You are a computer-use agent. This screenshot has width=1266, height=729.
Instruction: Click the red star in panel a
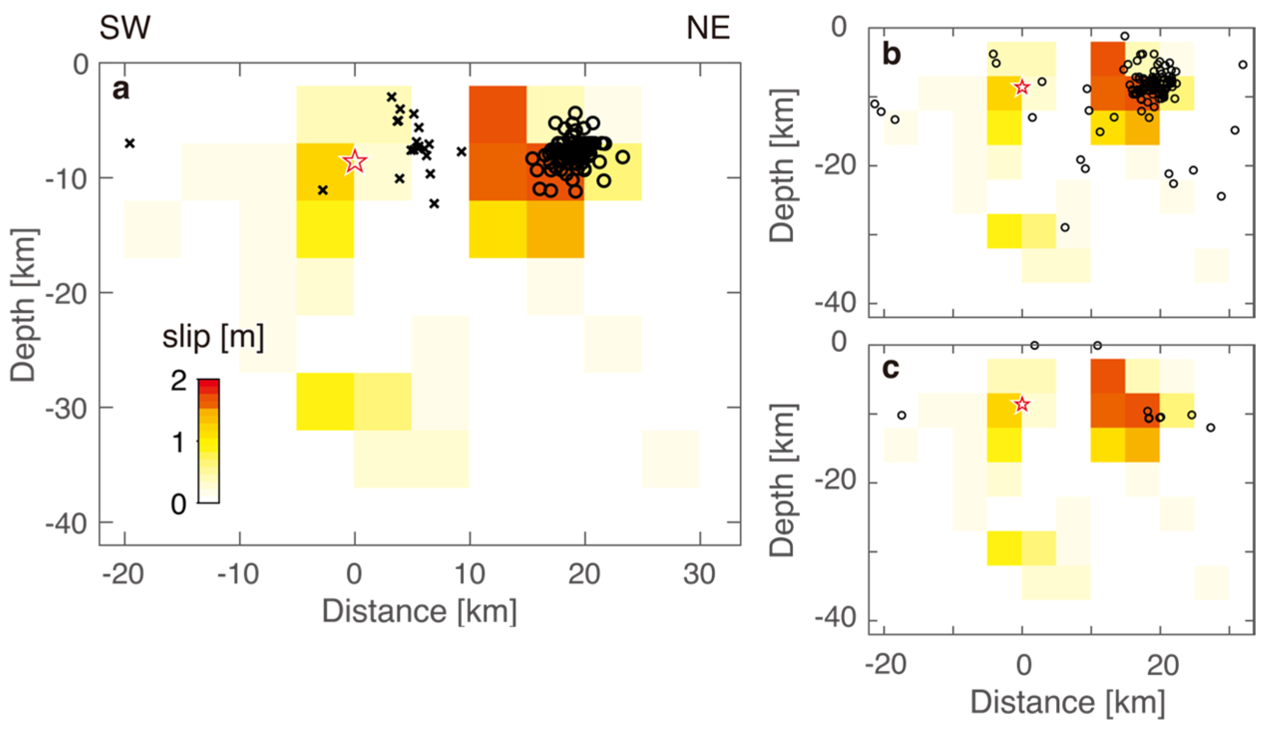tap(355, 162)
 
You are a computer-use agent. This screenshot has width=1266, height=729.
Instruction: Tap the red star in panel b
tap(1022, 88)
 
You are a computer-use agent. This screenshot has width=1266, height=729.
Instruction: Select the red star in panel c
tap(1022, 404)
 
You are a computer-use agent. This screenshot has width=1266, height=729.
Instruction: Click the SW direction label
tap(125, 28)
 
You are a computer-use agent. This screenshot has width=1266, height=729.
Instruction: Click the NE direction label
tap(708, 28)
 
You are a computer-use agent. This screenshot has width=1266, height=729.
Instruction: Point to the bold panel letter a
tap(121, 90)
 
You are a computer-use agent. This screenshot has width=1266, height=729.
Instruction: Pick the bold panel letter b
tap(892, 54)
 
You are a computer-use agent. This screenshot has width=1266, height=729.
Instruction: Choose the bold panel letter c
tap(891, 368)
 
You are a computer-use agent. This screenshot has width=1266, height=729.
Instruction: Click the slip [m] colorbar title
tap(213, 338)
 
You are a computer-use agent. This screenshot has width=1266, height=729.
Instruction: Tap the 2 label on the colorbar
tap(179, 381)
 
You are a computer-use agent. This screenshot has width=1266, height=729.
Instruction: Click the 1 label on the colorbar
tap(179, 443)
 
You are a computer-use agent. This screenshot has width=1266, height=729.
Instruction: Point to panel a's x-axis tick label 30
tap(700, 574)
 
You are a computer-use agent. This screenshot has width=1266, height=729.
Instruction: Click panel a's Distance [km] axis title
tap(419, 611)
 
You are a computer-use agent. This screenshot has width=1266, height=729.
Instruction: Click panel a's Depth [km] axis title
tap(23, 306)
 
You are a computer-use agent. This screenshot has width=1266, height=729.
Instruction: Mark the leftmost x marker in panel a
tap(130, 144)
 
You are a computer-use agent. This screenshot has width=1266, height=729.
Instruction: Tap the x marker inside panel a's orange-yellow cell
tap(323, 190)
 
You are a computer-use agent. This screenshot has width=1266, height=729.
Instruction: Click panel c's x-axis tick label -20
tap(886, 665)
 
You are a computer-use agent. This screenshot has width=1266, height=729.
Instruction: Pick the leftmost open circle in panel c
tap(902, 415)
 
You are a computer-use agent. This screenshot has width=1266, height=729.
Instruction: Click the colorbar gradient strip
tap(209, 441)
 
